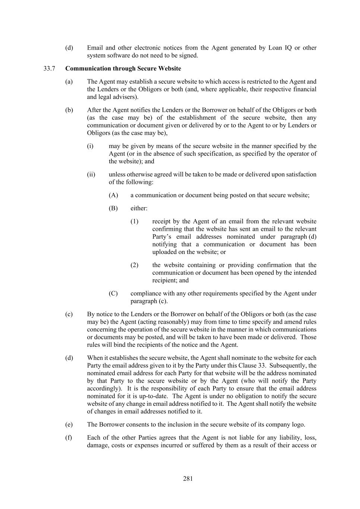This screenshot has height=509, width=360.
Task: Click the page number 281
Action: point(188,479)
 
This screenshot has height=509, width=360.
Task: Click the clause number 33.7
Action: point(49,69)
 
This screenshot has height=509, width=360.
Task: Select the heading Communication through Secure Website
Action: point(123,69)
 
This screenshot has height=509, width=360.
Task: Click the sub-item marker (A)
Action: point(113,195)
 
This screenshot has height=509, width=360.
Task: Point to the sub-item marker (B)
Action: point(113,208)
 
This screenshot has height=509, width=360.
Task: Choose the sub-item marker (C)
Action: point(113,293)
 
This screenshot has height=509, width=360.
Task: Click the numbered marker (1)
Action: point(134,221)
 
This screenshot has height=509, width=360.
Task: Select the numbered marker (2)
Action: point(134,265)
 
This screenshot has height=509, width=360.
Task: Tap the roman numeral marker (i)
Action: point(90,146)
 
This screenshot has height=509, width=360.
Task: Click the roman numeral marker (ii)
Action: point(91,175)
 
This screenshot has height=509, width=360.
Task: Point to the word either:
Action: point(139,208)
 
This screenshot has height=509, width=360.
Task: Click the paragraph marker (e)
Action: point(69,425)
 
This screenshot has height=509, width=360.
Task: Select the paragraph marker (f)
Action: point(69,438)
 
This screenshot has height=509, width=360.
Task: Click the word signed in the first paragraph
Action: point(188,56)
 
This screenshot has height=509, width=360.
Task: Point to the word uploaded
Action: point(165,252)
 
